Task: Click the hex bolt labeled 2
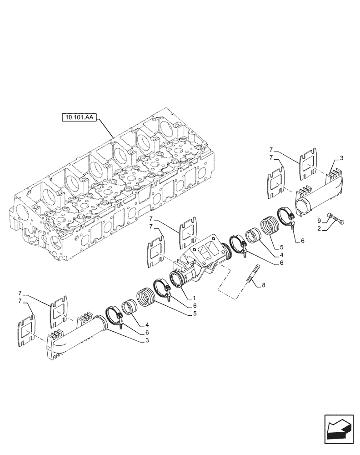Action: [x=338, y=222]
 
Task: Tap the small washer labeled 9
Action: [x=329, y=216]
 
